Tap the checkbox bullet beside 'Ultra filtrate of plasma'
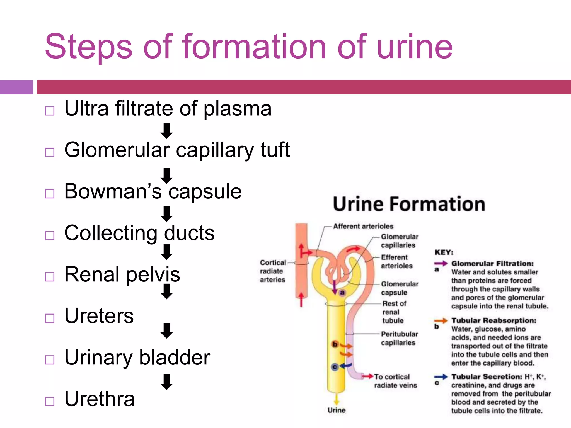click(x=50, y=111)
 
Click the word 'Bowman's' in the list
click(x=113, y=192)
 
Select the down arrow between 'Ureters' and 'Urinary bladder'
click(x=167, y=330)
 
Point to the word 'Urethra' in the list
click(x=100, y=399)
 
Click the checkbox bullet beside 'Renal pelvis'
click(x=50, y=277)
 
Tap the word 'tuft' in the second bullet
click(x=275, y=150)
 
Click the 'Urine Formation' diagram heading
click(x=409, y=204)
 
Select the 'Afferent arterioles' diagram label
click(x=363, y=226)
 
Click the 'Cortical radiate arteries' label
click(x=273, y=271)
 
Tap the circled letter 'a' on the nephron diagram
click(x=342, y=293)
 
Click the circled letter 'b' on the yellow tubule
click(x=335, y=344)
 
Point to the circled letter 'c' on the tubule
click(x=335, y=367)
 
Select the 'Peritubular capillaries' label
click(x=399, y=338)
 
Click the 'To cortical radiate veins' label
click(x=395, y=381)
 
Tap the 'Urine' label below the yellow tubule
click(x=336, y=410)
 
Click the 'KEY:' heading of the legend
click(x=444, y=252)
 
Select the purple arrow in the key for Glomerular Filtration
click(x=441, y=263)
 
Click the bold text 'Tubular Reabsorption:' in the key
click(x=494, y=320)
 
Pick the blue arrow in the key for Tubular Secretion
click(x=441, y=377)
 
